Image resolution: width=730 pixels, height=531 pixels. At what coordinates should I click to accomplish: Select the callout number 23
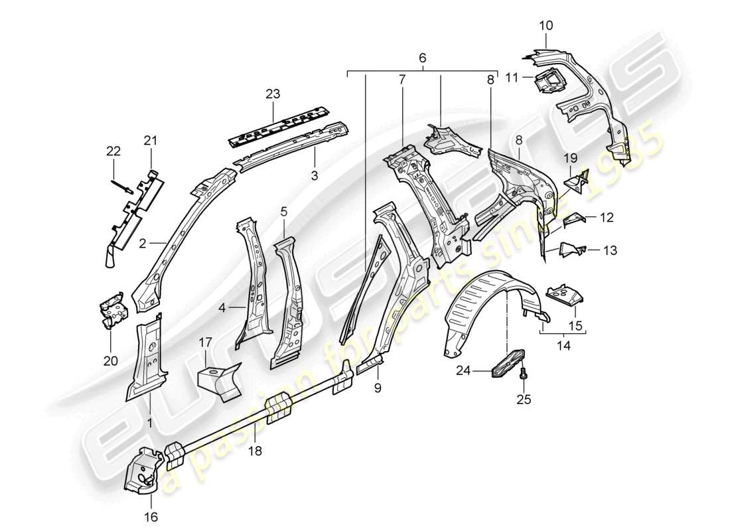click(274, 94)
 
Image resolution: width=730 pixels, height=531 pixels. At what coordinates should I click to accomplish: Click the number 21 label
click(151, 140)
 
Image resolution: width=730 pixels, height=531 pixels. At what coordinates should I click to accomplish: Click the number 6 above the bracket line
click(422, 58)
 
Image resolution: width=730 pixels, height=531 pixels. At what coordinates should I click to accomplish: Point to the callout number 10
click(546, 26)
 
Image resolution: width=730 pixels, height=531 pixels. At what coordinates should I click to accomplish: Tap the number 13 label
click(610, 250)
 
